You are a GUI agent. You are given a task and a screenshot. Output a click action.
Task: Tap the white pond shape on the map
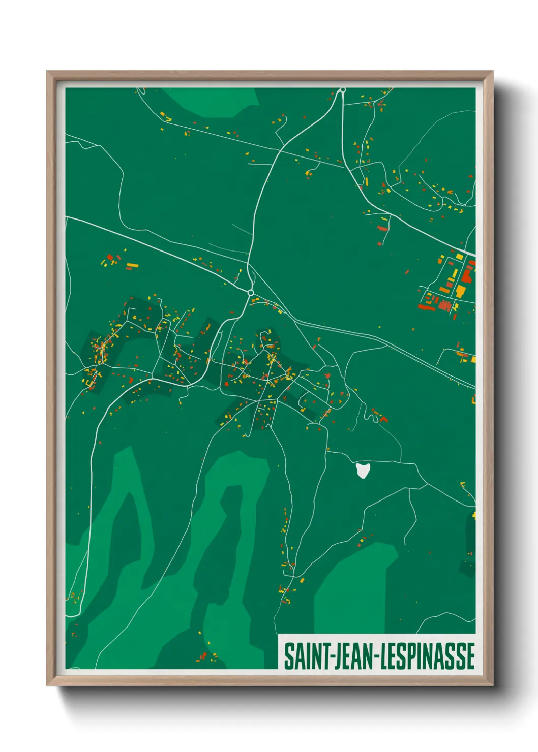tap(362, 470)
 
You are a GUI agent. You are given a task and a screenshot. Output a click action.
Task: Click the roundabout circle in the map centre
tap(250, 293)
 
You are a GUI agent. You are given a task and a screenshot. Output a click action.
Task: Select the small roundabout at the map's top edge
tap(343, 90)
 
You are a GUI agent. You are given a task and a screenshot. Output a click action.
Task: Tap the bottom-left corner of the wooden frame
tap(48, 684)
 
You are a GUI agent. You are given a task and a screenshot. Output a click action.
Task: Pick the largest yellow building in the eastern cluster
tap(460, 291)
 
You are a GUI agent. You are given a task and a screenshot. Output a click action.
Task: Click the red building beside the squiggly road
tap(383, 419)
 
